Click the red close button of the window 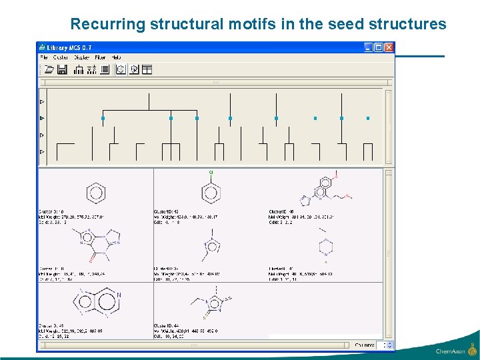tap(389, 47)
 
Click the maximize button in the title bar tap(379, 47)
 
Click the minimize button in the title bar tap(369, 47)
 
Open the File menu tap(45, 58)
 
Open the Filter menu tap(100, 58)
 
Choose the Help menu tap(116, 58)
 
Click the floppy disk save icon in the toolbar tap(62, 69)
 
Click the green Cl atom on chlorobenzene tap(211, 173)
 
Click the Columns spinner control tap(381, 345)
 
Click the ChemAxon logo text tap(451, 351)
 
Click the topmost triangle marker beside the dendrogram tap(42, 102)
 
